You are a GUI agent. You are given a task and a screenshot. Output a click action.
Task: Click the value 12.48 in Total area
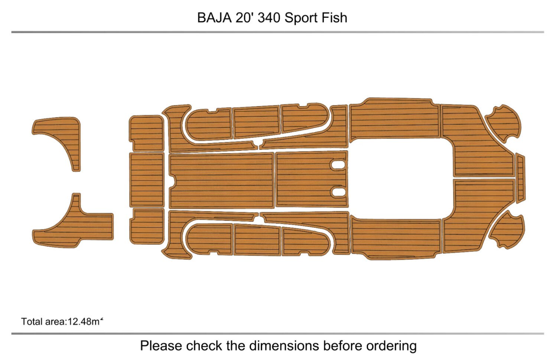pyautogui.click(x=79, y=321)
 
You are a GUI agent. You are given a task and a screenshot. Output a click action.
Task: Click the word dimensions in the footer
pyautogui.click(x=285, y=346)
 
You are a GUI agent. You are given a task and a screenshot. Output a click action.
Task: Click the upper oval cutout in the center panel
pyautogui.click(x=338, y=165)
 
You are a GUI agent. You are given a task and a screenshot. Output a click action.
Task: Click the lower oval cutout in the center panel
pyautogui.click(x=338, y=192)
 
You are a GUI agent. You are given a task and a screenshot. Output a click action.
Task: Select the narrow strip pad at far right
pyautogui.click(x=520, y=178)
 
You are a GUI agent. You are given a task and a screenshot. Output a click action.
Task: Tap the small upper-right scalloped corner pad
pyautogui.click(x=504, y=123)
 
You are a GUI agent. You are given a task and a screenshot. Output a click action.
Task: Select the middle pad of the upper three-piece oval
pyautogui.click(x=256, y=121)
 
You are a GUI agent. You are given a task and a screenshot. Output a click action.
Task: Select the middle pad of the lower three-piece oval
pyautogui.click(x=257, y=240)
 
